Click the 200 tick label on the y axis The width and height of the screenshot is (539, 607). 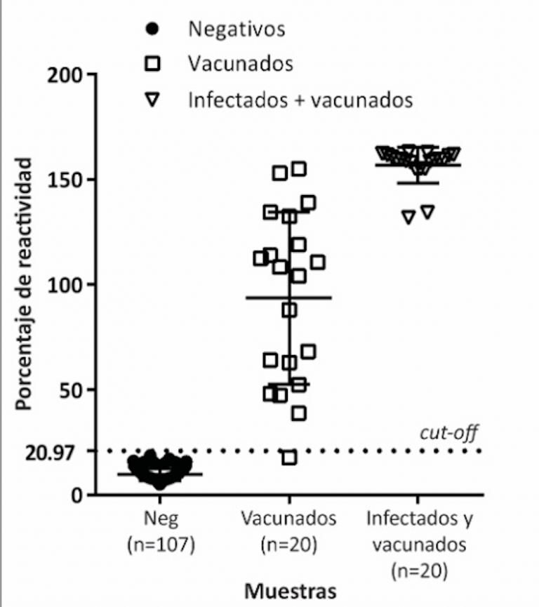[x=65, y=75]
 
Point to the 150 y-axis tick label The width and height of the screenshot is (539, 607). [x=65, y=180]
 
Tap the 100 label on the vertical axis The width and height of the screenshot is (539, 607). [x=65, y=285]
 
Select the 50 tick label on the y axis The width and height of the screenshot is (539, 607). [x=71, y=390]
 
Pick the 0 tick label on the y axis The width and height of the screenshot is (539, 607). [x=76, y=495]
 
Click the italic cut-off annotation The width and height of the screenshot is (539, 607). [x=449, y=432]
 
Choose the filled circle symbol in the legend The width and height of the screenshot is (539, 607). [x=152, y=29]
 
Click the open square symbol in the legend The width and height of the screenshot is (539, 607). [x=152, y=63]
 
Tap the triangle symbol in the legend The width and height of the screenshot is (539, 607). [x=152, y=99]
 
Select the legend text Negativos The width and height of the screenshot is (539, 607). [x=237, y=29]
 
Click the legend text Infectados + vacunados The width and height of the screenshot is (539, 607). [x=300, y=100]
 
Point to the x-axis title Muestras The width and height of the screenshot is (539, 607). [x=291, y=591]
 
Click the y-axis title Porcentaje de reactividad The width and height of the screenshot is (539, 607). [x=23, y=284]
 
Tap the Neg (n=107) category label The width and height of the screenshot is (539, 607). [x=161, y=531]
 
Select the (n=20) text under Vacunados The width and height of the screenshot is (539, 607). [x=289, y=545]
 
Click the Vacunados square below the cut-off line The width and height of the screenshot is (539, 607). [x=289, y=458]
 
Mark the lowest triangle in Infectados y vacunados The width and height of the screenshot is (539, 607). [x=408, y=217]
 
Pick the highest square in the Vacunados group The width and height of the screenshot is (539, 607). [x=299, y=169]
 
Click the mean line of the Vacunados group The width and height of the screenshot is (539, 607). [x=289, y=298]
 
